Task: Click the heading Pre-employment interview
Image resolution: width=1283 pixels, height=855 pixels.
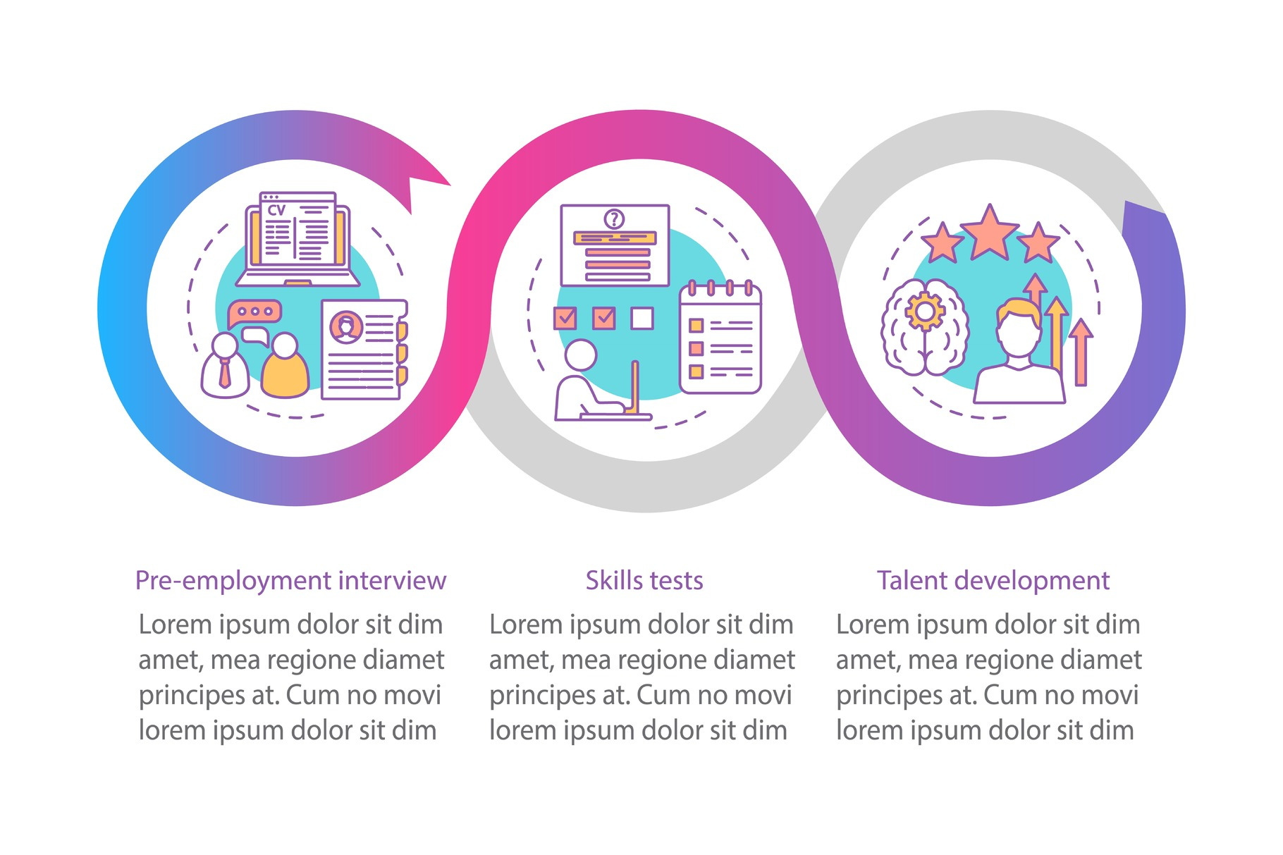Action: tap(290, 581)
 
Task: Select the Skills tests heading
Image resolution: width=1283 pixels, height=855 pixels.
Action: tap(644, 581)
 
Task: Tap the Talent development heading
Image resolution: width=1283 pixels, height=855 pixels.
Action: tap(993, 581)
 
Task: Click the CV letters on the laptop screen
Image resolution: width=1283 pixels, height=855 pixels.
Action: tap(276, 210)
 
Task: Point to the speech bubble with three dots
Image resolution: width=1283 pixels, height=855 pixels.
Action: tap(254, 312)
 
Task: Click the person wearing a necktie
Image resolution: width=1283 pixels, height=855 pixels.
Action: tap(225, 367)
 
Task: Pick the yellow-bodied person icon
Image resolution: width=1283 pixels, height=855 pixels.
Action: tap(285, 367)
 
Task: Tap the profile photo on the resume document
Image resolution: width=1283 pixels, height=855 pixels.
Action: tap(346, 327)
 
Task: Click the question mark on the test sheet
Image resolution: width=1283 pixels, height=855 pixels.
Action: tap(614, 219)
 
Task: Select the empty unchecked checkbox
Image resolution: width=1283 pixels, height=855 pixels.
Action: tap(641, 319)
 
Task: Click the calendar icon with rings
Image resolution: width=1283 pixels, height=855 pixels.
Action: tap(720, 338)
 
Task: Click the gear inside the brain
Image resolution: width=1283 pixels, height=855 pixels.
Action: tap(924, 310)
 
